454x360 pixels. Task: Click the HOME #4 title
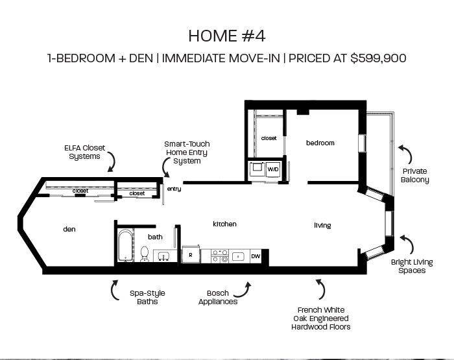tap(227, 36)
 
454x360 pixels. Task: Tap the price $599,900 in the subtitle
tap(378, 58)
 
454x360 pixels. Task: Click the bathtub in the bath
tap(125, 245)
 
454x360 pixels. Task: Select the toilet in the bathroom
tap(145, 254)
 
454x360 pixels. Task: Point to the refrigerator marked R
tap(191, 254)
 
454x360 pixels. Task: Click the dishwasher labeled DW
tap(256, 256)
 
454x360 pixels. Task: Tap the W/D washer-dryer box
tap(273, 169)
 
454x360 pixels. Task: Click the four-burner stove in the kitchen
tap(220, 256)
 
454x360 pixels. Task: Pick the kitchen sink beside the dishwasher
tap(238, 256)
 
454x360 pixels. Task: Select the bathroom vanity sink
tap(163, 256)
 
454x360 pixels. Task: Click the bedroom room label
tap(320, 143)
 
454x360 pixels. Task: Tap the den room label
tap(69, 229)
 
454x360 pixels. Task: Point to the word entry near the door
tap(174, 189)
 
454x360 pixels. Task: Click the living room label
tap(322, 225)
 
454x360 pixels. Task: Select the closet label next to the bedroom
tap(269, 138)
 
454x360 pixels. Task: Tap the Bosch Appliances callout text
tap(218, 298)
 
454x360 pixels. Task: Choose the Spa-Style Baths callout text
tap(147, 298)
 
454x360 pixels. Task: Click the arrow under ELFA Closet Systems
tap(113, 162)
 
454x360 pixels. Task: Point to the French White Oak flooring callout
tap(321, 318)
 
